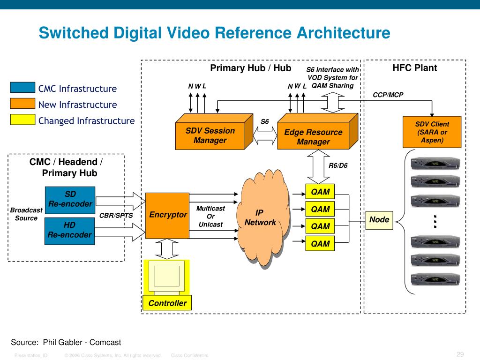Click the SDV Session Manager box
pyautogui.click(x=214, y=132)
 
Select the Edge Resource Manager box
pyautogui.click(x=317, y=131)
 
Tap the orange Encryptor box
pyautogui.click(x=167, y=216)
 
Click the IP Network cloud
pyautogui.click(x=262, y=217)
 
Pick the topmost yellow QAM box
pyautogui.click(x=320, y=192)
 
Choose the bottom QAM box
pyautogui.click(x=320, y=244)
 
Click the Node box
pyautogui.click(x=379, y=220)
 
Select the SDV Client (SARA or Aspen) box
pyautogui.click(x=432, y=132)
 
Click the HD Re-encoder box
pyautogui.click(x=69, y=231)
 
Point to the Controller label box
pyautogui.click(x=167, y=303)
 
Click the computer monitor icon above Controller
pyautogui.click(x=166, y=277)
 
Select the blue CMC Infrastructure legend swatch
pyautogui.click(x=22, y=87)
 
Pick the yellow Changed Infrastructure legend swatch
pyautogui.click(x=22, y=120)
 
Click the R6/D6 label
pyautogui.click(x=338, y=165)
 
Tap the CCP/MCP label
pyautogui.click(x=388, y=95)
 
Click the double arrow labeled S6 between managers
pyautogui.click(x=265, y=135)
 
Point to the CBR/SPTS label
pyautogui.click(x=116, y=216)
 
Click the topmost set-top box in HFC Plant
pyautogui.click(x=435, y=163)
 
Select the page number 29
pyautogui.click(x=460, y=354)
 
